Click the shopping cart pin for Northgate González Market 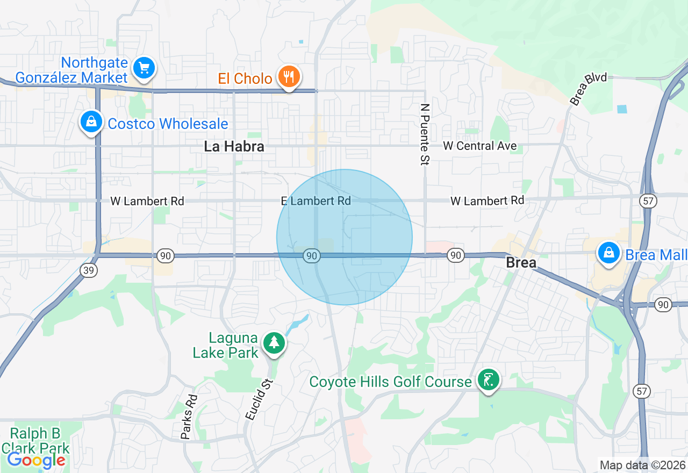(144, 68)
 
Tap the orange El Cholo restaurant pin (289, 77)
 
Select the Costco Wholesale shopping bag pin (91, 122)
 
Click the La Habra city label (234, 146)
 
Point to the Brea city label (521, 263)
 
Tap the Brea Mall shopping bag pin (608, 253)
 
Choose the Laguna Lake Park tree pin (274, 342)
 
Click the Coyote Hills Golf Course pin (488, 381)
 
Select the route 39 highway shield (89, 270)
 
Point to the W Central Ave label (480, 146)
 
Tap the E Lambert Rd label (316, 201)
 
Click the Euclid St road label (259, 399)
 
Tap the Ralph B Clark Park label (35, 441)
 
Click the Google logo (36, 460)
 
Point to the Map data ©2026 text (642, 465)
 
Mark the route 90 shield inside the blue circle (312, 256)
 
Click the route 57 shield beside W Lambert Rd (647, 201)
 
